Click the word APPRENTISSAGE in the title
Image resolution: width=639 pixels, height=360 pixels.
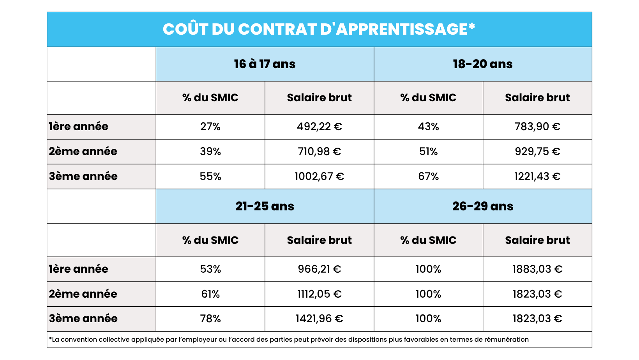tap(401, 29)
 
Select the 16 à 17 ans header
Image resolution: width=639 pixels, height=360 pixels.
tap(265, 64)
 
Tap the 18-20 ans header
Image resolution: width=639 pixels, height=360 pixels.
tap(482, 64)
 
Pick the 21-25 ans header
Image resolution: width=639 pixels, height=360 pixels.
tap(265, 206)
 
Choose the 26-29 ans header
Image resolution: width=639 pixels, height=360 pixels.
tap(482, 206)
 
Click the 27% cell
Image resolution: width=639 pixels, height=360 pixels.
tap(210, 127)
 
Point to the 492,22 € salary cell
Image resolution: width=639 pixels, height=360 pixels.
tap(319, 127)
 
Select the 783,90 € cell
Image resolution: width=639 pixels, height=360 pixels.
tap(537, 127)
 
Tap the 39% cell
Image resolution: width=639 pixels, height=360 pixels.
tap(210, 152)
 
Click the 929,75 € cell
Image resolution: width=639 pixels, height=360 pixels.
tap(537, 152)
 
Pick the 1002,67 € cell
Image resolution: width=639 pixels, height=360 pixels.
tap(319, 176)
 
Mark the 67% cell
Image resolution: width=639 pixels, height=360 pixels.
tap(428, 176)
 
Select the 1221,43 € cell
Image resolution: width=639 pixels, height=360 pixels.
tap(537, 176)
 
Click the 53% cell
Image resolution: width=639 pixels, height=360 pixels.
tap(210, 269)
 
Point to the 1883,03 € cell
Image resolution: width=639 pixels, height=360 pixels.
tap(537, 269)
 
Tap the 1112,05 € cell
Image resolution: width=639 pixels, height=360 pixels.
tap(319, 294)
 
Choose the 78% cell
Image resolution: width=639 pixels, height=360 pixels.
tap(210, 319)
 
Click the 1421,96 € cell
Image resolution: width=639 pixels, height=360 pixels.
tap(319, 319)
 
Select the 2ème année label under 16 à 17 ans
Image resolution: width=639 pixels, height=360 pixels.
tap(83, 152)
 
